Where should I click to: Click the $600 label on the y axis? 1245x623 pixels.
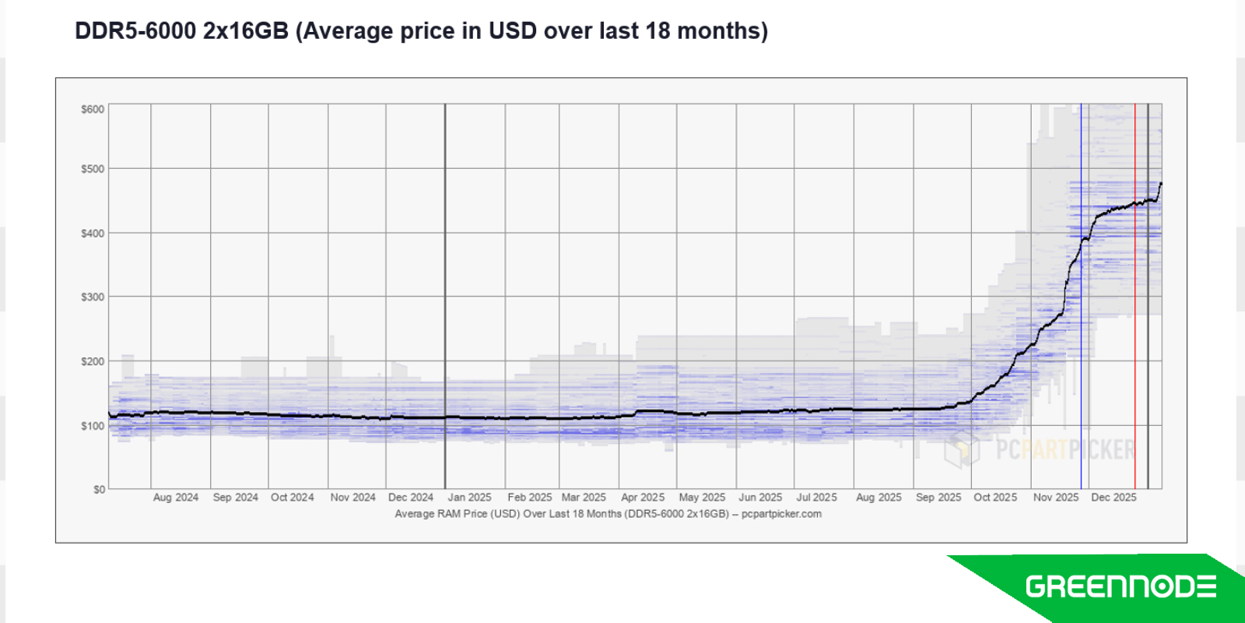(93, 109)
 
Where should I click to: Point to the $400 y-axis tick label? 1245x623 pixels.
(93, 233)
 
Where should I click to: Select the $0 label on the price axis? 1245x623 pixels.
(99, 489)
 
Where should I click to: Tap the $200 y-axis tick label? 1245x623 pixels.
(93, 361)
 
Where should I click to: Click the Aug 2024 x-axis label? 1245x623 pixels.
(175, 498)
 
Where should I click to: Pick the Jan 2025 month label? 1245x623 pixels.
(469, 498)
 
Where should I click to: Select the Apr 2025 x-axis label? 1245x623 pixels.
(643, 498)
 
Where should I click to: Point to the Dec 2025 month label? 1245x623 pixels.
(1113, 498)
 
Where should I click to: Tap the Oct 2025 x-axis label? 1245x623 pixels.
(995, 498)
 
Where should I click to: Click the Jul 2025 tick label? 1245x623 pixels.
(816, 498)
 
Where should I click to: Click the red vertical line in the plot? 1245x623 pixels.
(1135, 311)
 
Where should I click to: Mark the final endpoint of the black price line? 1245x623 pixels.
(1161, 184)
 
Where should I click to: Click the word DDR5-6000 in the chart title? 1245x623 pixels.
(135, 31)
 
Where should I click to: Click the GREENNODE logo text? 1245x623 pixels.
(1120, 586)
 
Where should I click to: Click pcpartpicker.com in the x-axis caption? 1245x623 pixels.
(781, 514)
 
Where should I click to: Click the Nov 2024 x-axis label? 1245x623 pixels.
(352, 498)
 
